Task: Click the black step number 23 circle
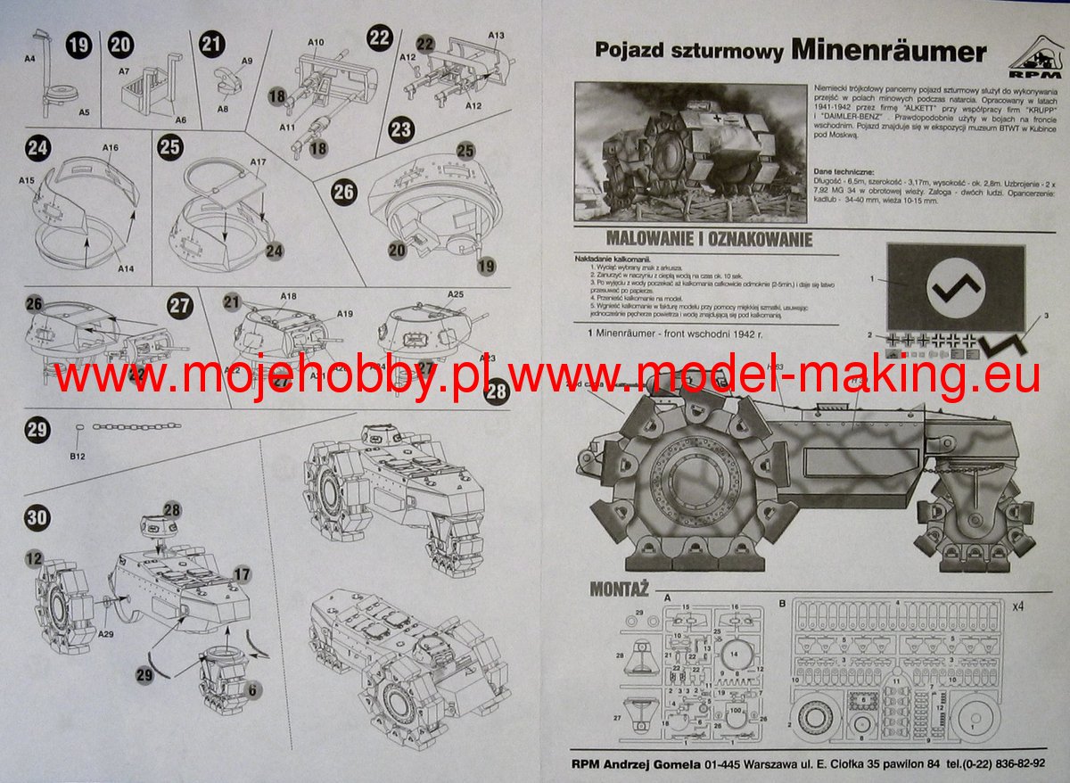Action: [x=402, y=129]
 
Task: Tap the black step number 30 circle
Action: [x=37, y=518]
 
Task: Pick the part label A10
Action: [x=316, y=42]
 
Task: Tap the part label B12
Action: [x=78, y=457]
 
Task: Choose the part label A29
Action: [x=106, y=633]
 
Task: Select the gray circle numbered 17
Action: [x=242, y=574]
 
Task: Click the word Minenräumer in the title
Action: [x=887, y=51]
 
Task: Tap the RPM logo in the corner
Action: [x=1033, y=54]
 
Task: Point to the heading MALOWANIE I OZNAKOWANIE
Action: [x=708, y=238]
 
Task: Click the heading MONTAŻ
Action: [x=618, y=589]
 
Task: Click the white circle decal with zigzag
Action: [x=955, y=287]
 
